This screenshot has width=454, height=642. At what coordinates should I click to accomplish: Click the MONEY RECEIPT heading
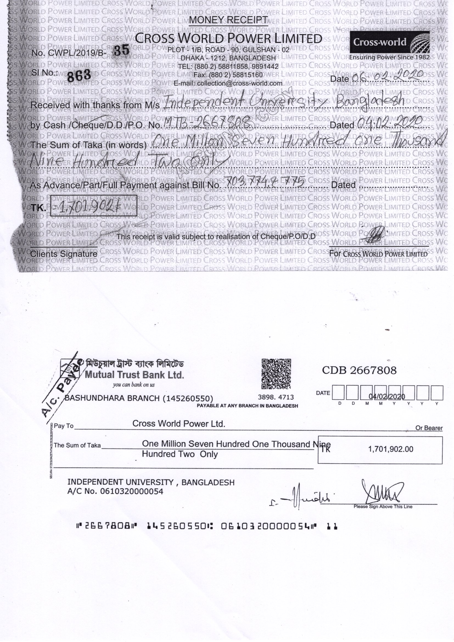pos(228,20)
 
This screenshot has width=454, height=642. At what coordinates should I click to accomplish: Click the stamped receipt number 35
pos(122,50)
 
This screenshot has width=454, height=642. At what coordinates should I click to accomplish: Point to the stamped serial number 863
pos(79,75)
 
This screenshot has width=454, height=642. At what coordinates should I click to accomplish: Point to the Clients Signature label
pos(64,254)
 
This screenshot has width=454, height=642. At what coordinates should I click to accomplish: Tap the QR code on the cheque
pos(276,374)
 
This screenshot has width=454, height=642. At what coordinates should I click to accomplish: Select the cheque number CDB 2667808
pos(359,370)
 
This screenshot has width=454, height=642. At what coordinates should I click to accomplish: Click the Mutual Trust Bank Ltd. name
pos(134,374)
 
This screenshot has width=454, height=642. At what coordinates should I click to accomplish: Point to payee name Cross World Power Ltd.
pos(179,424)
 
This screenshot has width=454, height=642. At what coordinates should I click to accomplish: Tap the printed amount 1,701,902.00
pos(391,449)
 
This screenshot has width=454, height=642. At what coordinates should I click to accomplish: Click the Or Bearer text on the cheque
pos(429,428)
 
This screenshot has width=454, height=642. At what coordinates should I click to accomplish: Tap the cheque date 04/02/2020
pos(387,397)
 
